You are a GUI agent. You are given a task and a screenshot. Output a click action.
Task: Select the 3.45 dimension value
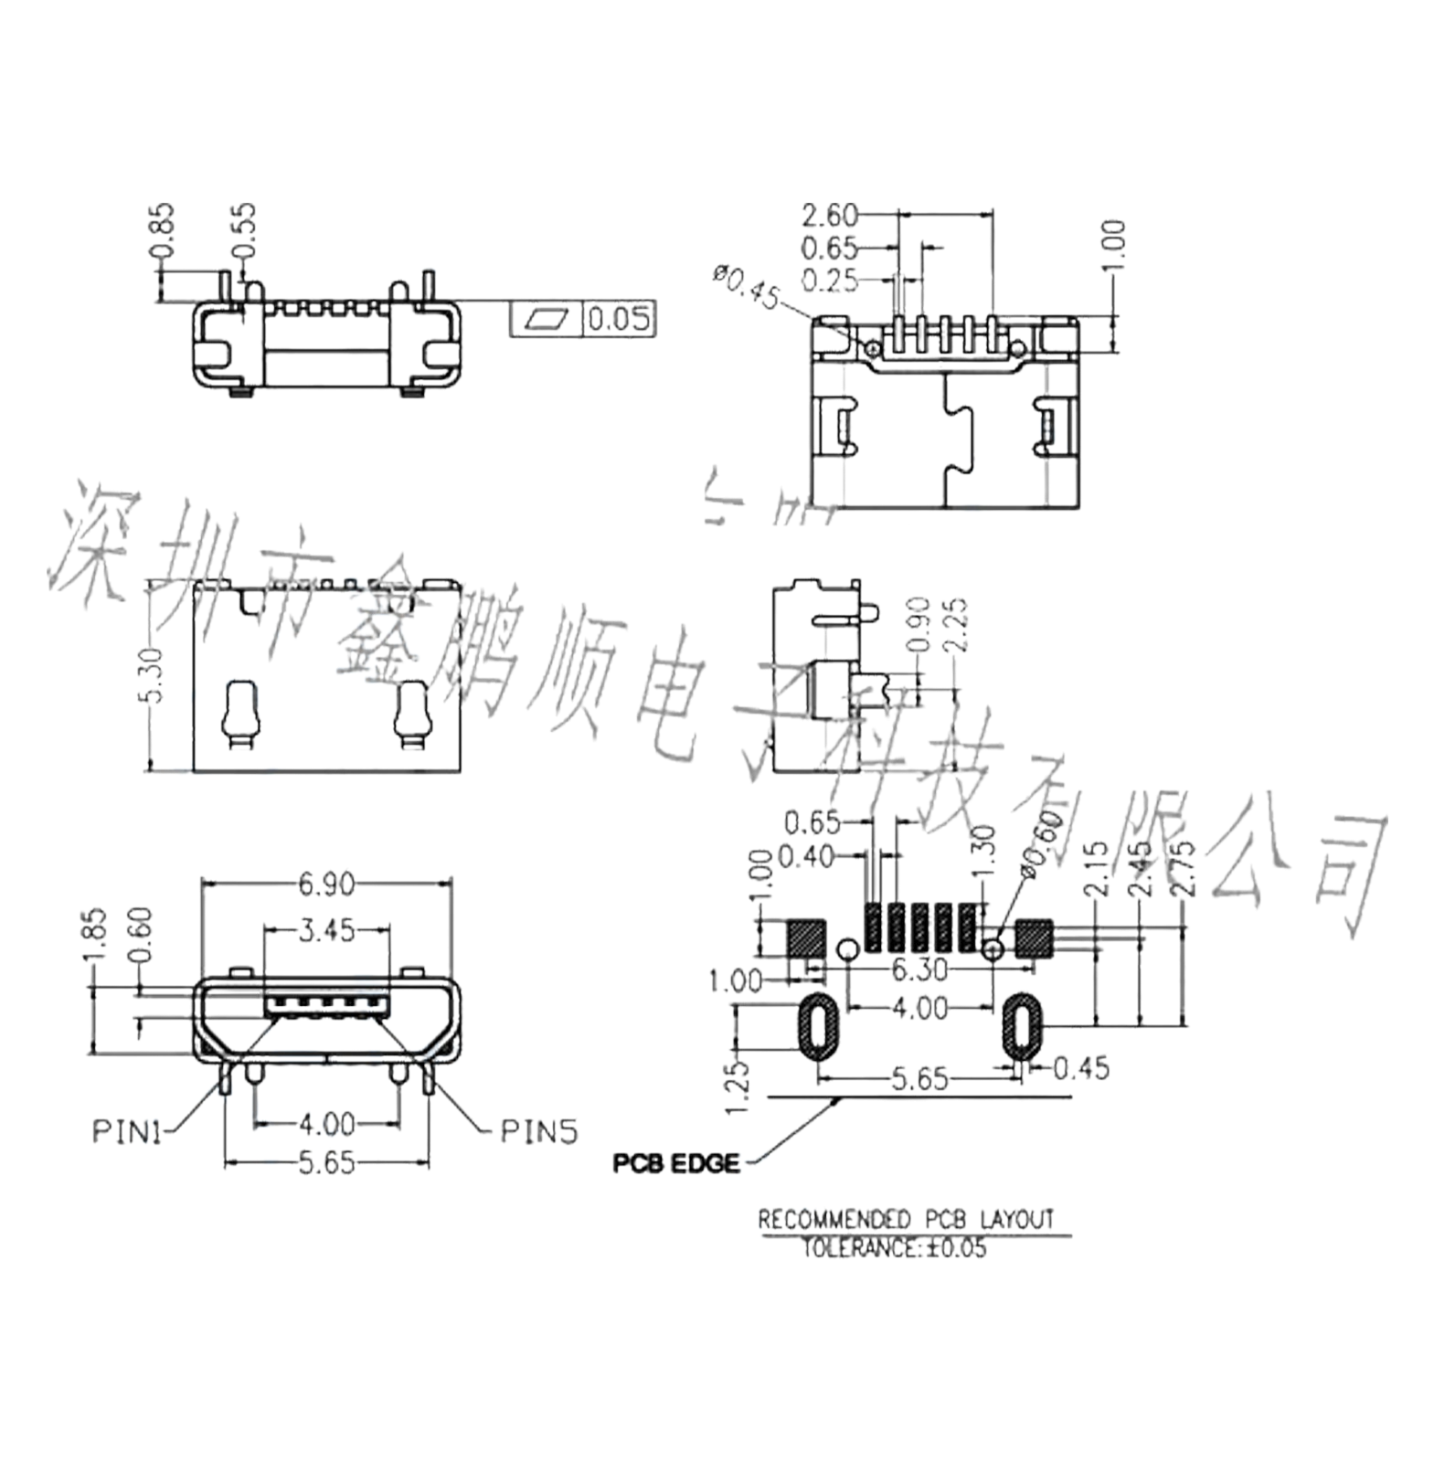tap(327, 933)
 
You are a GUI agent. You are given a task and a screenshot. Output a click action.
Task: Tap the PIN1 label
tap(128, 1131)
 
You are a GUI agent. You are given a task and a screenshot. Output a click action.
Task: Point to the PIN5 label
tap(539, 1131)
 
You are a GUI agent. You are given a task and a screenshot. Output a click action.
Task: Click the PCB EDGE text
tap(676, 1164)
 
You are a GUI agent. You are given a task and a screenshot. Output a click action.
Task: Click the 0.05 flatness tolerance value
tap(619, 321)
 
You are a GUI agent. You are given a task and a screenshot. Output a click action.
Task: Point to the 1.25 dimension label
tap(740, 1079)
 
